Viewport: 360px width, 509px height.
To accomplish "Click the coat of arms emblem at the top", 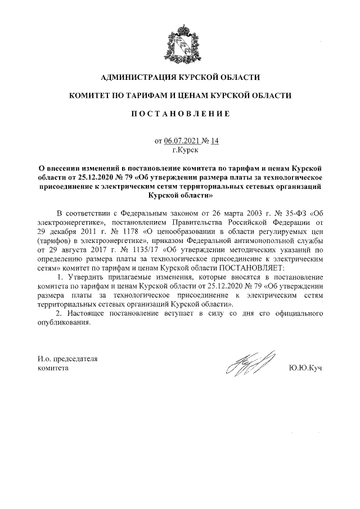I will pos(179,40).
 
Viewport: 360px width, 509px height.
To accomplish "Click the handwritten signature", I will pos(249,364).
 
